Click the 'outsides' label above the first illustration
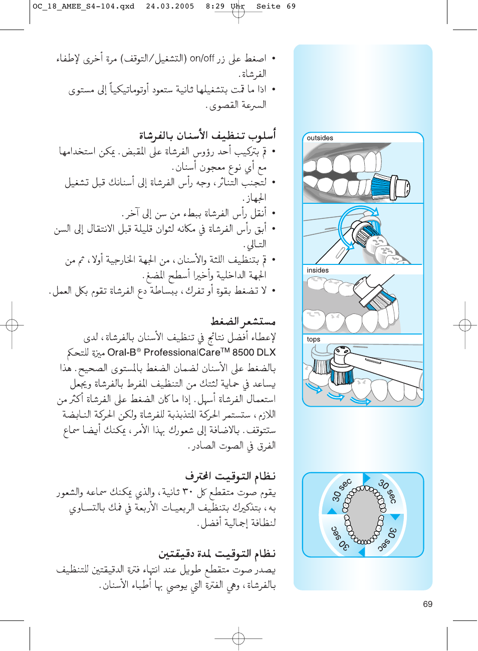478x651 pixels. point(320,138)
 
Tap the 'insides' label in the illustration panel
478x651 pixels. point(318,270)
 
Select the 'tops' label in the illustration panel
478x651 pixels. point(314,339)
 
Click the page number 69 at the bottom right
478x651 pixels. point(427,604)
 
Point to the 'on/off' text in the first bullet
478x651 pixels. point(202,58)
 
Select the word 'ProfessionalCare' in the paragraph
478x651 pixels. point(182,352)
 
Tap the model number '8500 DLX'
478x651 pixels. point(254,352)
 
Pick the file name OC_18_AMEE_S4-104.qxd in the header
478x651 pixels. point(84,7)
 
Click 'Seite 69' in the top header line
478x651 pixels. point(276,7)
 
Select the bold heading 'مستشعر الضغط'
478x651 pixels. point(243,321)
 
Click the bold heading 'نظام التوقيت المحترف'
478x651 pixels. point(230,476)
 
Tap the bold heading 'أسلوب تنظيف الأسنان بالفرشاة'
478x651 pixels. point(207,135)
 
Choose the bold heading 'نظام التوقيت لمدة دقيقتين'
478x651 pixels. point(217,553)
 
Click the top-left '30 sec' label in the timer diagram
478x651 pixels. point(342,490)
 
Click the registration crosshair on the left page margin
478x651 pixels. point(12,325)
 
